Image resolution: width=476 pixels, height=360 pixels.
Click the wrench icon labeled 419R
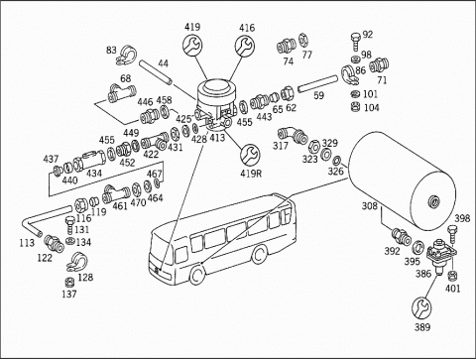coord(250,155)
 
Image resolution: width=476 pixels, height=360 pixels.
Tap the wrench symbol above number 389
coord(421,307)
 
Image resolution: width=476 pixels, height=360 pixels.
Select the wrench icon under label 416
coord(245,46)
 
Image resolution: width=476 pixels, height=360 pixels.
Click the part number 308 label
coord(370,206)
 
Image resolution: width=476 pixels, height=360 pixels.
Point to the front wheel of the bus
coord(197,275)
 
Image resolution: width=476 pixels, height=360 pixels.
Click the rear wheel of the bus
coord(259,255)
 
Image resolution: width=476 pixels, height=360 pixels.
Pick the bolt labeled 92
coord(356,42)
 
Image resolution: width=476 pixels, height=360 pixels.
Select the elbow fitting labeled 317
coord(292,135)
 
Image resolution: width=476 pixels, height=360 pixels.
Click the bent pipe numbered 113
coord(43,220)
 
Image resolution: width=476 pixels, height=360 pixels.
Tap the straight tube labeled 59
coord(317,84)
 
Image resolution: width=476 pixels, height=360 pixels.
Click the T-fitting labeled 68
coord(121,92)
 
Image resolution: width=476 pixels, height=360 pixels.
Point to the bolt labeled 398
coord(452,234)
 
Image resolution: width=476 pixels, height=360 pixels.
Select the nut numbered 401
coord(452,275)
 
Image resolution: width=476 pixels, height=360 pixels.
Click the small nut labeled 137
coord(69,283)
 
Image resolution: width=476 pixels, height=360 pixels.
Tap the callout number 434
coord(94,174)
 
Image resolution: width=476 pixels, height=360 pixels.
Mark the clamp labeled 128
coord(77,261)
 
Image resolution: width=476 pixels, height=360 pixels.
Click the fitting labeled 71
coord(379,65)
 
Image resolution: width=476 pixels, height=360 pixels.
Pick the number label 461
coord(120,206)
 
